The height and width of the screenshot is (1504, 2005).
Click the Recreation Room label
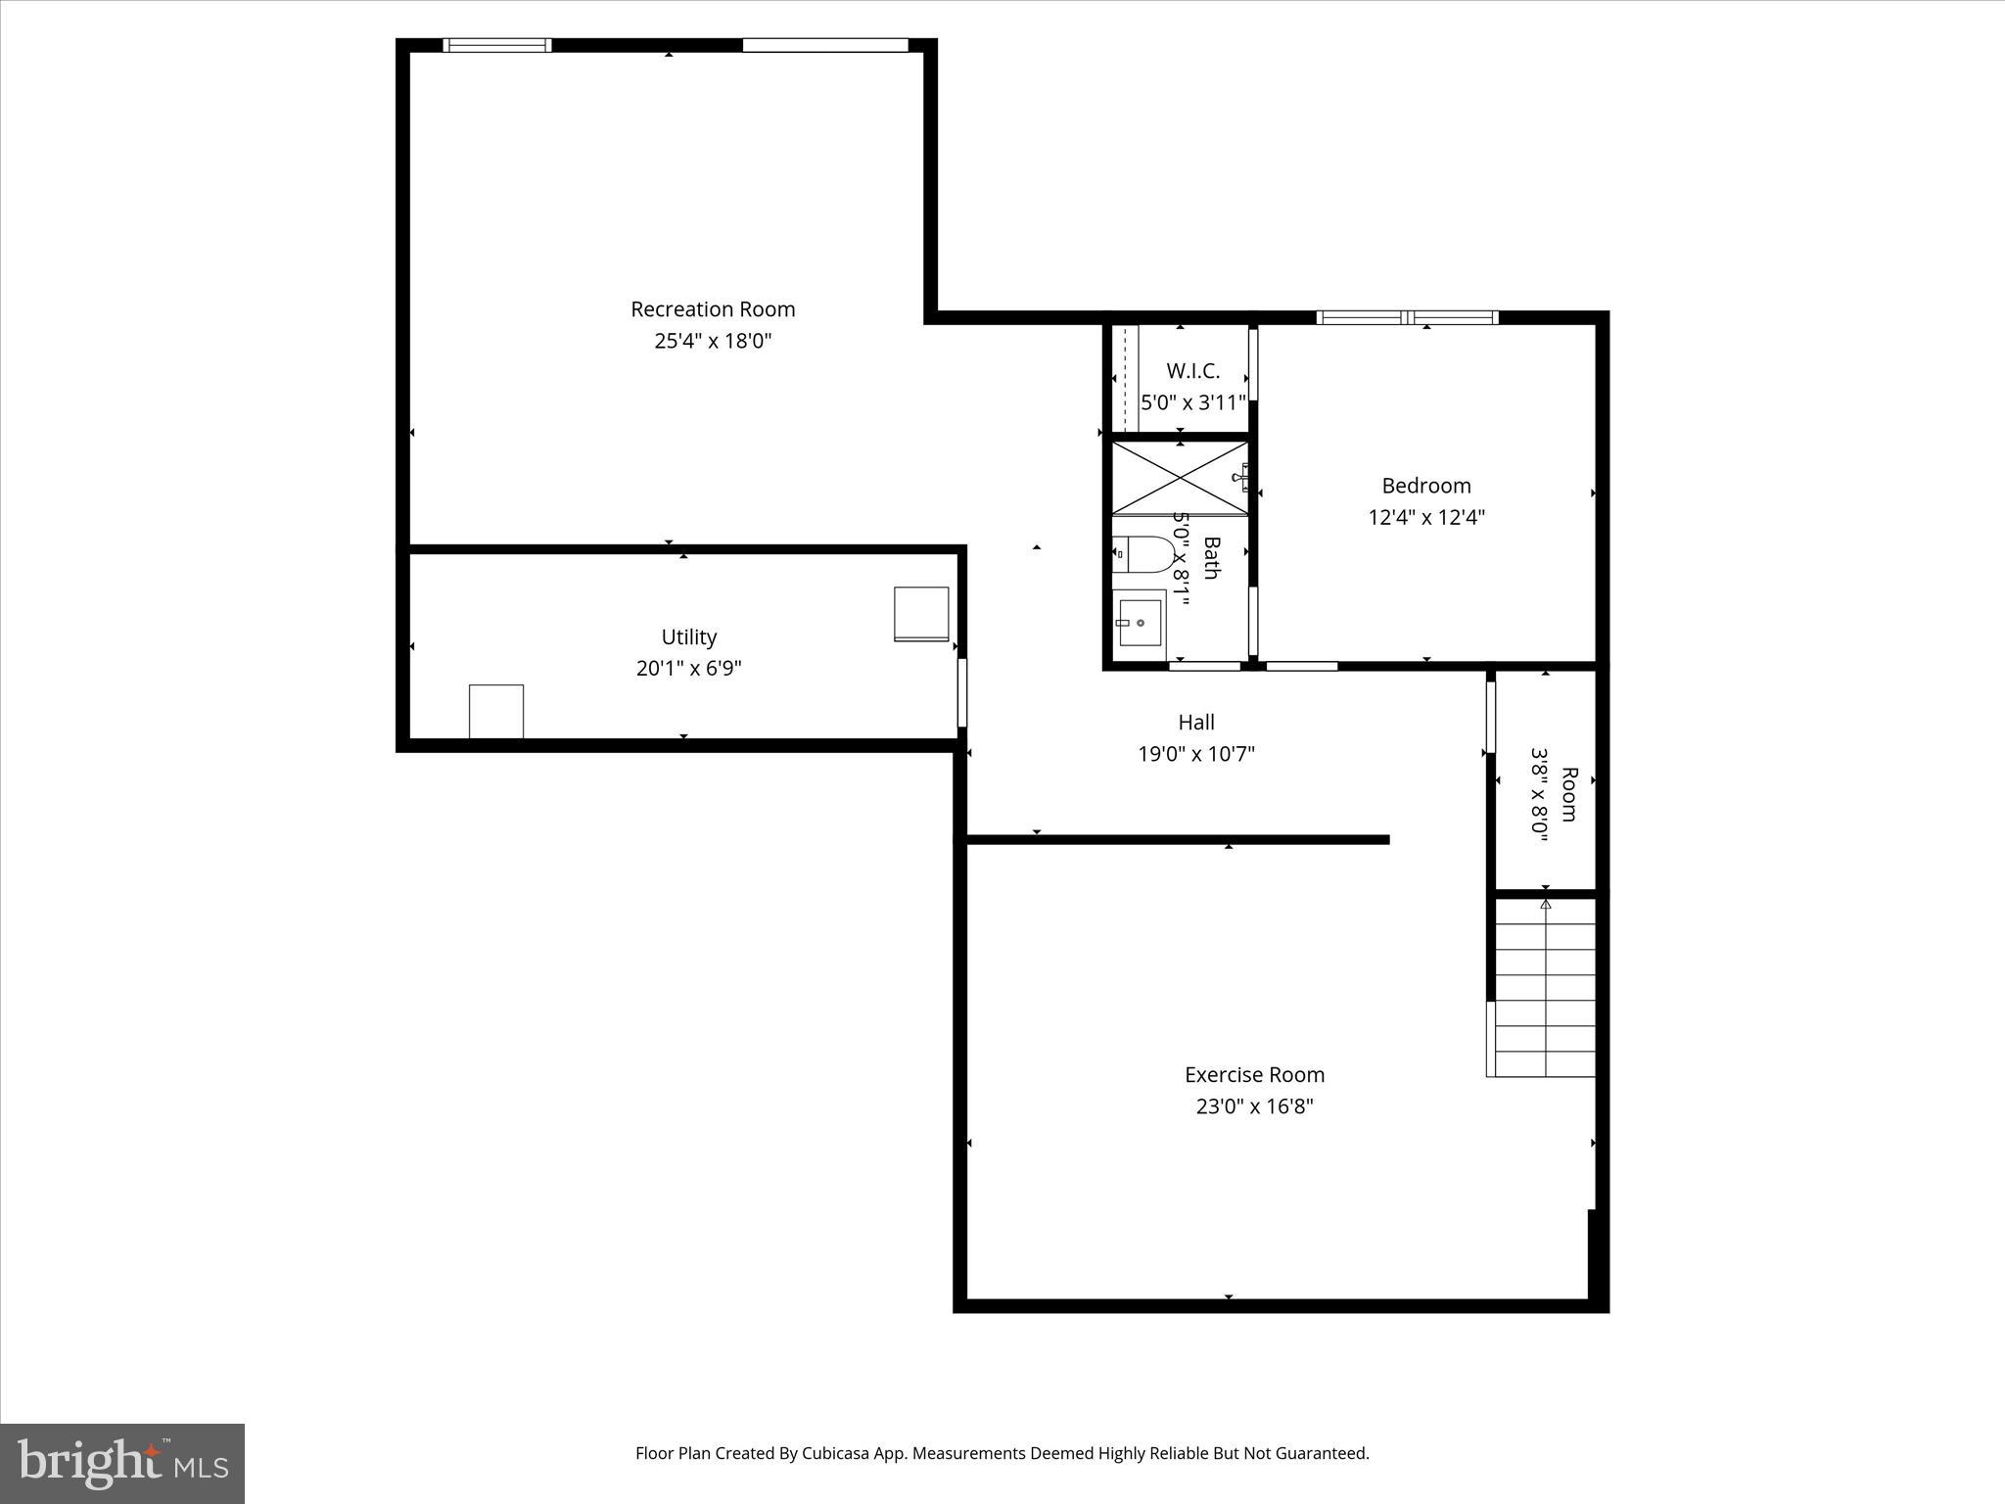[x=713, y=309]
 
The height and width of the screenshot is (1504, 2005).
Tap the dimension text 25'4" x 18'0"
[x=713, y=342]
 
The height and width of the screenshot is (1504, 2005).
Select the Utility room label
[x=689, y=637]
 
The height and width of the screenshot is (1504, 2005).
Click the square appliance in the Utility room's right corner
[x=921, y=614]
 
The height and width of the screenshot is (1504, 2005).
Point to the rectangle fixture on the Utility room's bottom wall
[x=496, y=712]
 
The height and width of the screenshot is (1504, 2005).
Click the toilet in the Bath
[x=1144, y=555]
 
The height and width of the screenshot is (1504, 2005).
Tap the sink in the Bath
[x=1140, y=621]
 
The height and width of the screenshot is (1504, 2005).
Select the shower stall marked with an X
[x=1180, y=478]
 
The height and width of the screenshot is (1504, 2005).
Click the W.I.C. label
[x=1193, y=371]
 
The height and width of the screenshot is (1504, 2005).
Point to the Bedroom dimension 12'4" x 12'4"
[x=1426, y=518]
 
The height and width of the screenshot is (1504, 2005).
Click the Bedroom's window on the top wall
[x=1407, y=317]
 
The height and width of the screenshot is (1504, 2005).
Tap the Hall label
[x=1196, y=723]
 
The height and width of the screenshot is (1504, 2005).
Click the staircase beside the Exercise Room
[x=1544, y=989]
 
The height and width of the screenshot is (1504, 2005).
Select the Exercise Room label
[x=1254, y=1075]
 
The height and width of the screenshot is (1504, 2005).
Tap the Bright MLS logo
[x=122, y=1463]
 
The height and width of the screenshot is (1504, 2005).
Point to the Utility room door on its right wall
[x=961, y=692]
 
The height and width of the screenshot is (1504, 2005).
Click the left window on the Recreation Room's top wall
[x=497, y=45]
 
